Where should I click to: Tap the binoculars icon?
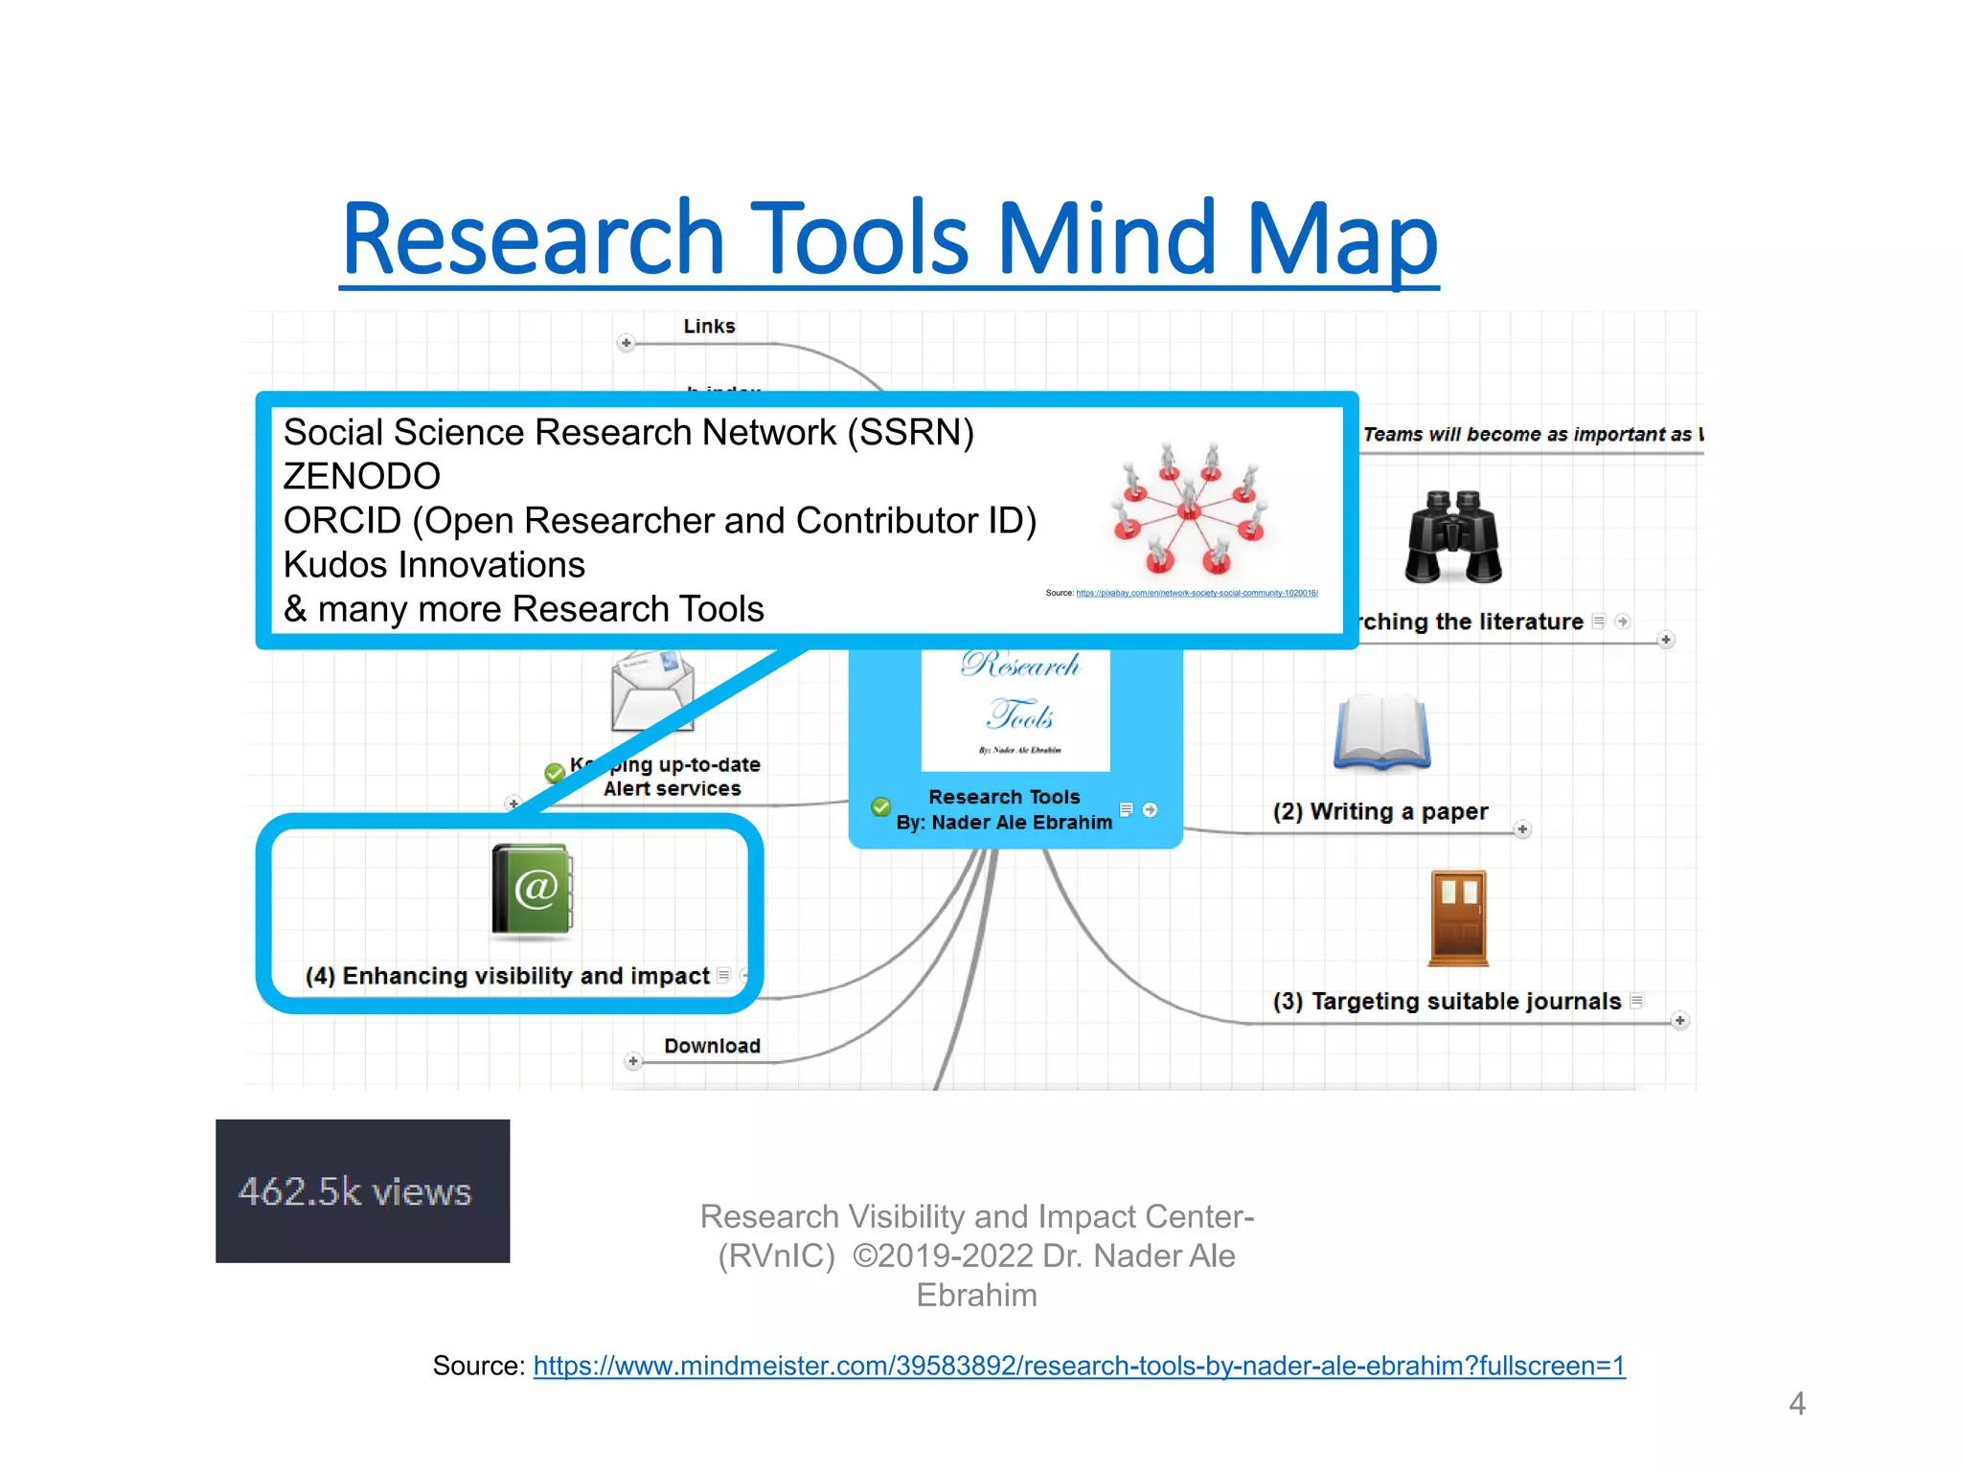pyautogui.click(x=1453, y=537)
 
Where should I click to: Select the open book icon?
pyautogui.click(x=1382, y=733)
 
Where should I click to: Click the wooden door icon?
pyautogui.click(x=1458, y=917)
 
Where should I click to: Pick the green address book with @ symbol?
pyautogui.click(x=533, y=889)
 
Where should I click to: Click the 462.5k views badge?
pyautogui.click(x=362, y=1190)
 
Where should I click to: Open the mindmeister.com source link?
pyautogui.click(x=1079, y=1366)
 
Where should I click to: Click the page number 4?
pyautogui.click(x=1796, y=1403)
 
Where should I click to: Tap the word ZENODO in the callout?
pyautogui.click(x=362, y=476)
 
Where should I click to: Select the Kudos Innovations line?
pyautogui.click(x=434, y=565)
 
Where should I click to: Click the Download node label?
pyautogui.click(x=712, y=1046)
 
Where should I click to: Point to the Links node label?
pyautogui.click(x=709, y=327)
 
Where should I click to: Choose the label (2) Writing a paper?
pyautogui.click(x=1380, y=812)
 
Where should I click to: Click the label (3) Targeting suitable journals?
pyautogui.click(x=1447, y=1002)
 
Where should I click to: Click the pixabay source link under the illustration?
pyautogui.click(x=1197, y=593)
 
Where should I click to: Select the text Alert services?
pyautogui.click(x=672, y=789)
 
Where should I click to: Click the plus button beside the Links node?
pyautogui.click(x=626, y=343)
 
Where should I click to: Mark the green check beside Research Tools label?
pyautogui.click(x=880, y=807)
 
